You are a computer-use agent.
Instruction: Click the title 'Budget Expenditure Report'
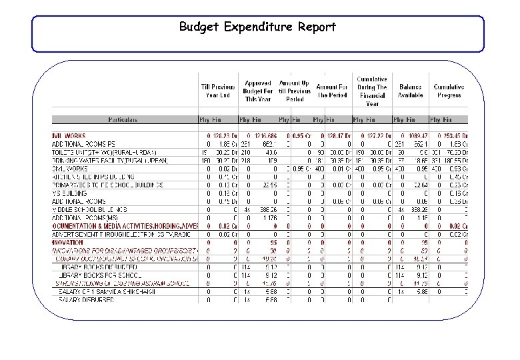257,27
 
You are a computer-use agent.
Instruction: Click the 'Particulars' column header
123,120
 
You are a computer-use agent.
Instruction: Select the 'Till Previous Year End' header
218,91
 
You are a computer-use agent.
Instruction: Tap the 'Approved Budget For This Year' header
257,91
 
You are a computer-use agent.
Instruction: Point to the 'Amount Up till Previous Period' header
294,91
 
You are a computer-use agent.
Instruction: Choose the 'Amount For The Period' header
332,91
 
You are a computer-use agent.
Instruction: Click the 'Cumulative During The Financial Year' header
371,91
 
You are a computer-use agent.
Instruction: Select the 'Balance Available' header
410,91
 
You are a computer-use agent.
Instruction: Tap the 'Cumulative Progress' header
449,91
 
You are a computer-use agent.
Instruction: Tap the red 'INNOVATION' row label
71,242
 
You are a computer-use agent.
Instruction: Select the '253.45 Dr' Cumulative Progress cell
453,136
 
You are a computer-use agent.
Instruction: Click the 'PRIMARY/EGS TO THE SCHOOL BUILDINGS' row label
107,185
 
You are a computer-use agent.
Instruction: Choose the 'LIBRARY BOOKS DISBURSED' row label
93,267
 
